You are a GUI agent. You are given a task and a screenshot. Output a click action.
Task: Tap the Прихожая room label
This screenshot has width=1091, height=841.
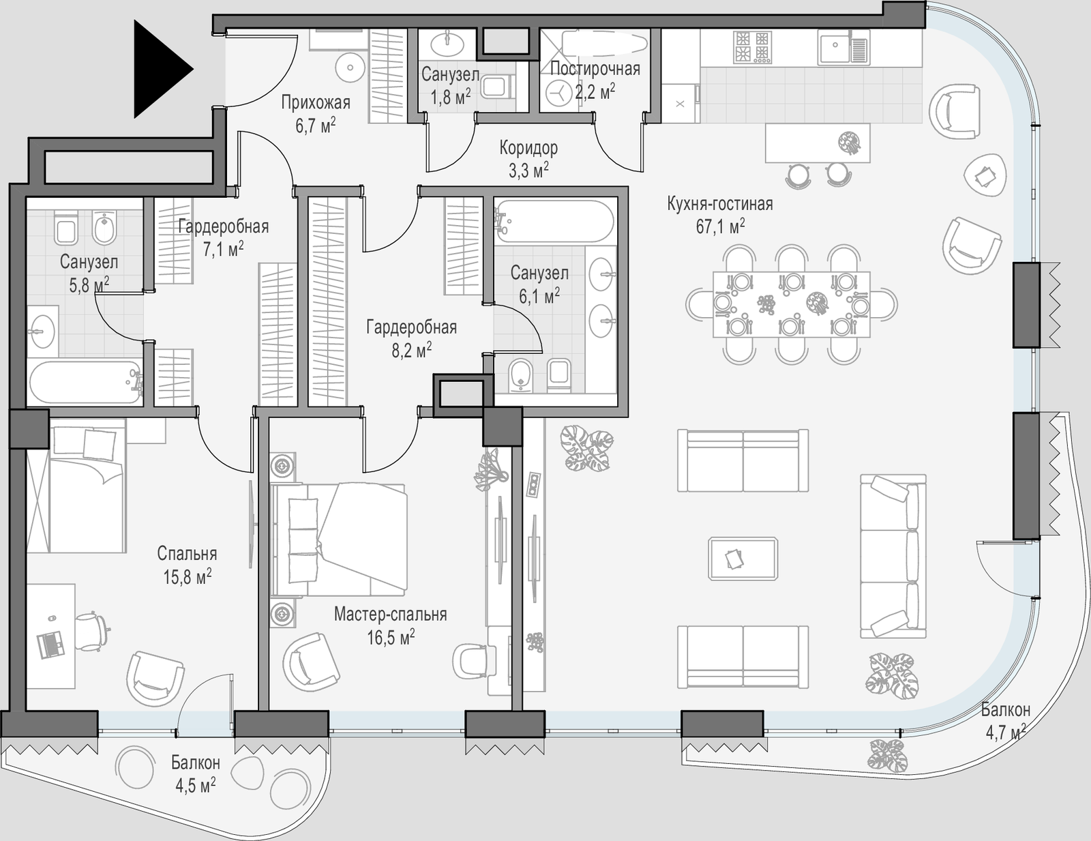point(315,103)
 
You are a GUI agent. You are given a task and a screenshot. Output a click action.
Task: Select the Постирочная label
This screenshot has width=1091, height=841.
point(595,69)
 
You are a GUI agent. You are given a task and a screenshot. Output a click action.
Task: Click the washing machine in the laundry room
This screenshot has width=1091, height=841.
point(558,93)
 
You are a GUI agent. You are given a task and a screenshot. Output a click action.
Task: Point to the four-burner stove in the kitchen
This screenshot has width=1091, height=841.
point(752,47)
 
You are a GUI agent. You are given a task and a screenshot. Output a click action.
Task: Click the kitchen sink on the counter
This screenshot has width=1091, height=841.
point(843,47)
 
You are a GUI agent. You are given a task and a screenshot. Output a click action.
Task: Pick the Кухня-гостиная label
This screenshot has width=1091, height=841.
point(720,204)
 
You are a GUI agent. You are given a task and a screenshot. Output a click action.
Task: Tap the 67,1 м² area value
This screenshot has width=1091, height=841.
point(720,227)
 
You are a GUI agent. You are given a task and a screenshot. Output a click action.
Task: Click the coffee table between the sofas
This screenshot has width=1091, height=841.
point(743,559)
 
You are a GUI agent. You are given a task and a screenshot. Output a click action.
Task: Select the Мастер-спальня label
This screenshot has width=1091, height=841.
point(390,615)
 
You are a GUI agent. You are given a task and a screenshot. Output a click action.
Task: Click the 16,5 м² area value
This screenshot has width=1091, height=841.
point(391,638)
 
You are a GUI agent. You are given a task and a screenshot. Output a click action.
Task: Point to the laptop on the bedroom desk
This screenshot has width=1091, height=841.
point(50,643)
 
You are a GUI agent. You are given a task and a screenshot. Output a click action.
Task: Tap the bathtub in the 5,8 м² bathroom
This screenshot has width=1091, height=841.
point(85,382)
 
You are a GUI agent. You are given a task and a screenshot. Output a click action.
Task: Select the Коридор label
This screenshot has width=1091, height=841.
point(528,148)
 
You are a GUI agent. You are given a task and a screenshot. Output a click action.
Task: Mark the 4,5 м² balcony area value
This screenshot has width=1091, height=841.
point(195,785)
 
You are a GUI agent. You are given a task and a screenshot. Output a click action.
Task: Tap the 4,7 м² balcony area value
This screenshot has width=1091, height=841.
point(1006,733)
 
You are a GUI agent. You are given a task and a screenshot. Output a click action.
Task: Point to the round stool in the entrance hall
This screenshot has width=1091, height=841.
point(350,68)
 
